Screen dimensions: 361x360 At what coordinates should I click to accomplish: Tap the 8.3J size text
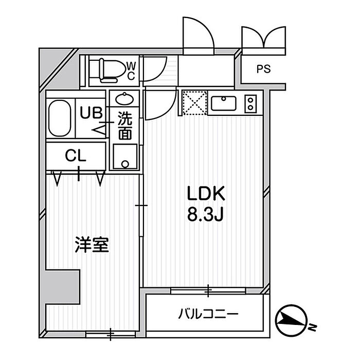click(x=205, y=214)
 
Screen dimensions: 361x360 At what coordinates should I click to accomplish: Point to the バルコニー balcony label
click(x=208, y=313)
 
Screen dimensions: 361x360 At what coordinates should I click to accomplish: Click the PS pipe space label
click(x=263, y=68)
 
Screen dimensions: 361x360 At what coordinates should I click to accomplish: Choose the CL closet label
click(x=76, y=155)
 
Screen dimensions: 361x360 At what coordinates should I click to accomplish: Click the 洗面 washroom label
click(x=124, y=126)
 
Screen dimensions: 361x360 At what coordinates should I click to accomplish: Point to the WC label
click(x=131, y=71)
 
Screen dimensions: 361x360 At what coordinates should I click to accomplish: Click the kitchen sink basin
click(x=223, y=103)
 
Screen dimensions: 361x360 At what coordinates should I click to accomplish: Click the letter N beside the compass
click(x=312, y=327)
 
